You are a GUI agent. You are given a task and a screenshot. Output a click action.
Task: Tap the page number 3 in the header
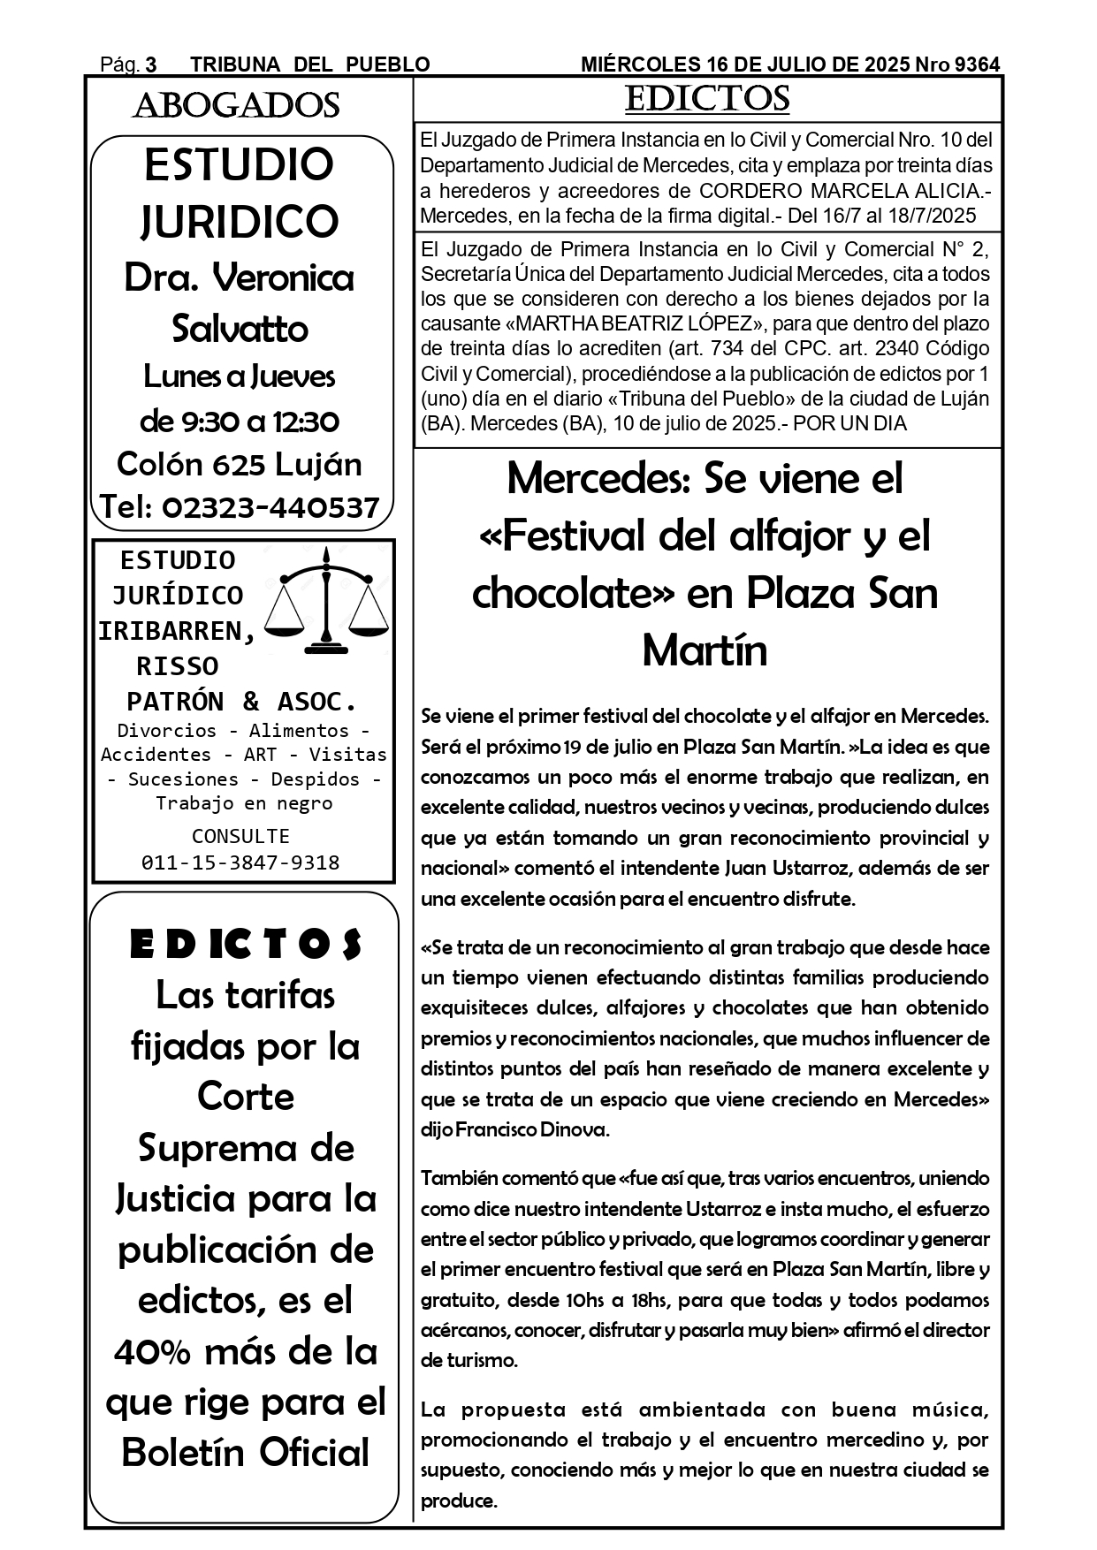(151, 65)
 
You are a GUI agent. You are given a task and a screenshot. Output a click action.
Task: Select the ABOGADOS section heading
(236, 106)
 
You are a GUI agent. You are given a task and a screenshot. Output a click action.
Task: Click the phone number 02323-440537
(270, 507)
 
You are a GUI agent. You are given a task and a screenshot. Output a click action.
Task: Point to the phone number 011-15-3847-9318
(240, 862)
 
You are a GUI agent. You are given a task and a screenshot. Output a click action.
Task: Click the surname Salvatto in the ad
(240, 329)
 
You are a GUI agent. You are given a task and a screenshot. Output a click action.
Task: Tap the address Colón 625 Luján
(240, 464)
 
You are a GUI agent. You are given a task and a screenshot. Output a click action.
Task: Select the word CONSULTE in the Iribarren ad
(240, 836)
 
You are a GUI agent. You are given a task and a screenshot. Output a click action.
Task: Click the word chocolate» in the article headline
(574, 593)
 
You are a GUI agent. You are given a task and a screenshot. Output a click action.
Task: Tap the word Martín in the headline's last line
(705, 651)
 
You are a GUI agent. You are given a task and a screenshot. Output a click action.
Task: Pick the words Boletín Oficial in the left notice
(245, 1453)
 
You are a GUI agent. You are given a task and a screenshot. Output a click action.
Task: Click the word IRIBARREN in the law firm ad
(177, 631)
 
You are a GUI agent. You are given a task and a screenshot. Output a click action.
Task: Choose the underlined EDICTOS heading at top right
(706, 99)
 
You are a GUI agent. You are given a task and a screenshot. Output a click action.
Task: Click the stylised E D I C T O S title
(245, 945)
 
